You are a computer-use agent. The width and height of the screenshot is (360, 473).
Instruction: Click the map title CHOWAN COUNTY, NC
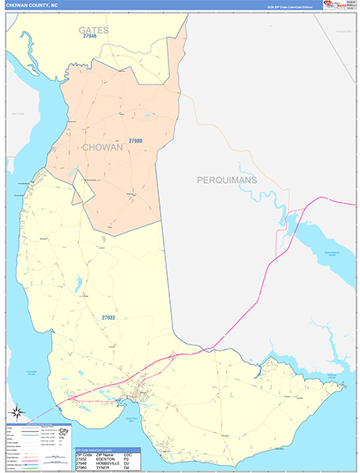30,5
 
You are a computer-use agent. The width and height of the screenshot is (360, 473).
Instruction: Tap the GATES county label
93,29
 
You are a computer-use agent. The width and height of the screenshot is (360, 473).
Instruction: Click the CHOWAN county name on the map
102,147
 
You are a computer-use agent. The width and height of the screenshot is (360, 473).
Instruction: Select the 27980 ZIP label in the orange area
135,142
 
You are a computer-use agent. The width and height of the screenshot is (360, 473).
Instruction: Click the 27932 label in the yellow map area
109,318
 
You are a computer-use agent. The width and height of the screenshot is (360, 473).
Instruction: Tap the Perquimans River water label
319,254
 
